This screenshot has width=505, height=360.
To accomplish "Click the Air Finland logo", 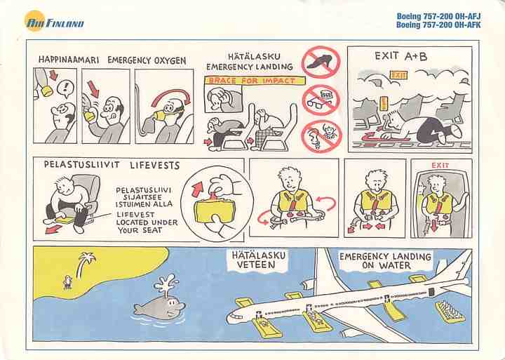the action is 54,21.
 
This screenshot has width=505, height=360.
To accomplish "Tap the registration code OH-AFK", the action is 467,25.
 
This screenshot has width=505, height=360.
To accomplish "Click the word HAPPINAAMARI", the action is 69,60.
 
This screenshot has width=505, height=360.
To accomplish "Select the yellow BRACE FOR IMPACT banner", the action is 255,81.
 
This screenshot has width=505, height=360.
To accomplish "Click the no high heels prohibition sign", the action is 321,62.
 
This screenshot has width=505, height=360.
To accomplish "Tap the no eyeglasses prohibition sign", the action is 321,99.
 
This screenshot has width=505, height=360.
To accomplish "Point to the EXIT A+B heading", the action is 401,56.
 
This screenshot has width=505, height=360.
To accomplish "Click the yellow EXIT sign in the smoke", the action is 398,75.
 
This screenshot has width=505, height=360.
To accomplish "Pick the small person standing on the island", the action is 67,282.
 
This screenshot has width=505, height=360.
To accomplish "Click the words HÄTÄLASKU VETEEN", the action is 259,260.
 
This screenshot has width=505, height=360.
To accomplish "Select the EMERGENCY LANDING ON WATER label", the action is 385,261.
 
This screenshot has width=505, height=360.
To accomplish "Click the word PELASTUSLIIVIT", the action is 82,164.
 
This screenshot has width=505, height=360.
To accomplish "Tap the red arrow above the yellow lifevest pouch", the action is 197,189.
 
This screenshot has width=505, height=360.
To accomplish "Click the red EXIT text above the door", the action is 440,166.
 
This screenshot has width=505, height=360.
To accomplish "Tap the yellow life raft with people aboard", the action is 450,312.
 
